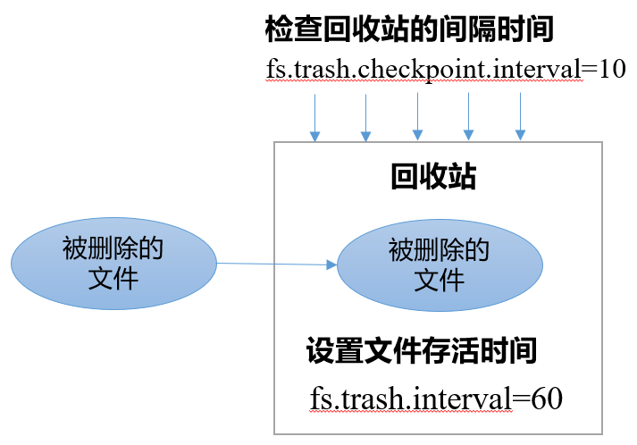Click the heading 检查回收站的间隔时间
[409, 29]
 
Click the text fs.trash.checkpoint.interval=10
[445, 70]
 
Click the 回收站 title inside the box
[432, 177]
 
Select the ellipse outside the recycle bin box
[113, 264]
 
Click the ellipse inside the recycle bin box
[439, 264]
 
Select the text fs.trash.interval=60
[436, 399]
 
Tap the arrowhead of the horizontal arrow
[331, 264]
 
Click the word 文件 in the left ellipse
[113, 279]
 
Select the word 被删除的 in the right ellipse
[439, 250]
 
